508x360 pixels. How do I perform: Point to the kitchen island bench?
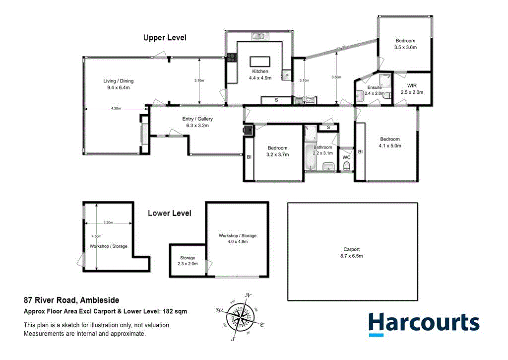[260, 61]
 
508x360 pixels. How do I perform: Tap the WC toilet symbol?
[347, 166]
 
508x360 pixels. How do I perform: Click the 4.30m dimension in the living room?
[116, 108]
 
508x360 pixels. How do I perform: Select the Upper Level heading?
[165, 38]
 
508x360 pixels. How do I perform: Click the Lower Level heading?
[170, 214]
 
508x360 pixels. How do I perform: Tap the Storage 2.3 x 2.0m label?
[188, 261]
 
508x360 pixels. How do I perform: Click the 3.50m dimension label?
[336, 77]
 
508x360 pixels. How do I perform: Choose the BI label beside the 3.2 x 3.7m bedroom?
[249, 157]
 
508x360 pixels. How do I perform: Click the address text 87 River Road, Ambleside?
[71, 300]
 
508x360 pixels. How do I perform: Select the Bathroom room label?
[322, 147]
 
